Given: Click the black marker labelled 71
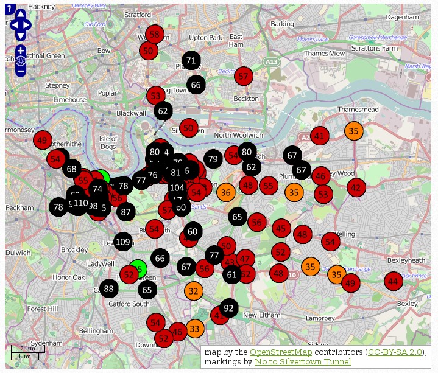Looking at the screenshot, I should click(x=191, y=60).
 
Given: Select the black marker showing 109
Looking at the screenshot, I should click(x=123, y=242).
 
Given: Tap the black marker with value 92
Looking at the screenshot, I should click(x=228, y=308).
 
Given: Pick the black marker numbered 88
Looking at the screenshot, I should click(x=109, y=288).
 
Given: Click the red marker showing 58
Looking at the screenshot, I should click(x=155, y=35).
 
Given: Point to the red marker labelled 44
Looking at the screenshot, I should click(x=394, y=281).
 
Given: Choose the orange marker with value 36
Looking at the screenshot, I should click(x=225, y=192).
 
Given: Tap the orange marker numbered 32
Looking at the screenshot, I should click(x=193, y=291).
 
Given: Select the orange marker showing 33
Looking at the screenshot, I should click(x=194, y=329).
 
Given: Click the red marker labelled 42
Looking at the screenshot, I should click(x=356, y=187).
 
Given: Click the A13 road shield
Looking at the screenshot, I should click(x=272, y=61).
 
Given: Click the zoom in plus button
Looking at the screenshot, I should click(x=21, y=51).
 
